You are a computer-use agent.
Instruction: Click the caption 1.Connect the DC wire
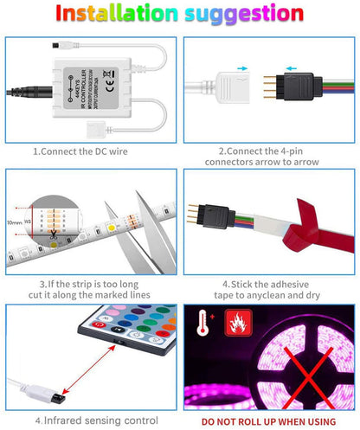(x=90, y=150)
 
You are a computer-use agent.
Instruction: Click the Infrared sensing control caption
(x=90, y=420)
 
